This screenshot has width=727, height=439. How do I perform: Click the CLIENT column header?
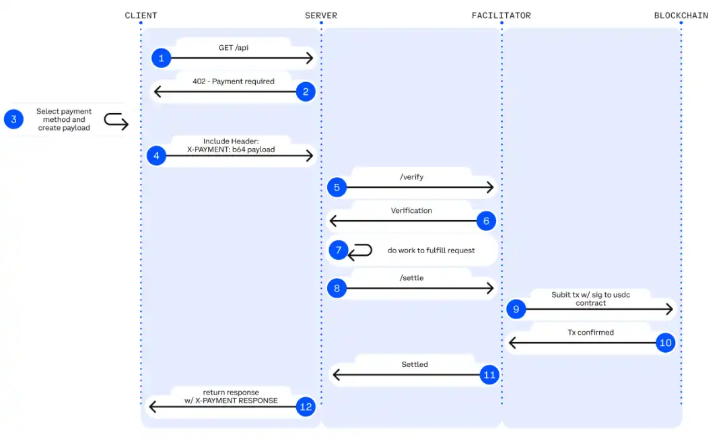(x=141, y=15)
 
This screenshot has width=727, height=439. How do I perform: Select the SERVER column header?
(x=321, y=15)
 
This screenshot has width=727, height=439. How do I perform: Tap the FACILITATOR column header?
(x=501, y=15)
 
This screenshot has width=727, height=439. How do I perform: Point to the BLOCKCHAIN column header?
(x=681, y=15)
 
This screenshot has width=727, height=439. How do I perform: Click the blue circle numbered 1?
(x=161, y=59)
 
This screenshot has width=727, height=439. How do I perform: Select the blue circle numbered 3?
(x=13, y=120)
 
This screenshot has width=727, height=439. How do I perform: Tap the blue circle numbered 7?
(x=338, y=250)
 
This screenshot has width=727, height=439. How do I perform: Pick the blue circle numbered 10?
(x=665, y=343)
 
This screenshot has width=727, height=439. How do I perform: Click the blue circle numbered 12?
(x=306, y=407)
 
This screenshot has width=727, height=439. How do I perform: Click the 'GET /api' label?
(x=234, y=48)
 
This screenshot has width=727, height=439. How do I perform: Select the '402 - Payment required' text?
(x=234, y=81)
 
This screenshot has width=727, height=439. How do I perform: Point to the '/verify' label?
(x=411, y=177)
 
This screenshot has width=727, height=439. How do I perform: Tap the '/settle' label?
(x=411, y=277)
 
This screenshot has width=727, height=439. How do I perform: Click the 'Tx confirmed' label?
(x=590, y=332)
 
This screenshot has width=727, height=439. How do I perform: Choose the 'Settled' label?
(x=415, y=364)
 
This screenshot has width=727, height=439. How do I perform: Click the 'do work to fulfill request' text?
(x=431, y=250)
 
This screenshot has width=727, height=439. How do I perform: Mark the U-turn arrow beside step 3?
(x=116, y=121)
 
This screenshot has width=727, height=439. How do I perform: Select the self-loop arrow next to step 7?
(x=360, y=251)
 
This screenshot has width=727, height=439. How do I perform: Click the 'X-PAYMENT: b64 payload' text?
(x=231, y=149)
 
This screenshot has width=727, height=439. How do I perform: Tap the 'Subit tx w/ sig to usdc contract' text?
(x=590, y=298)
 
